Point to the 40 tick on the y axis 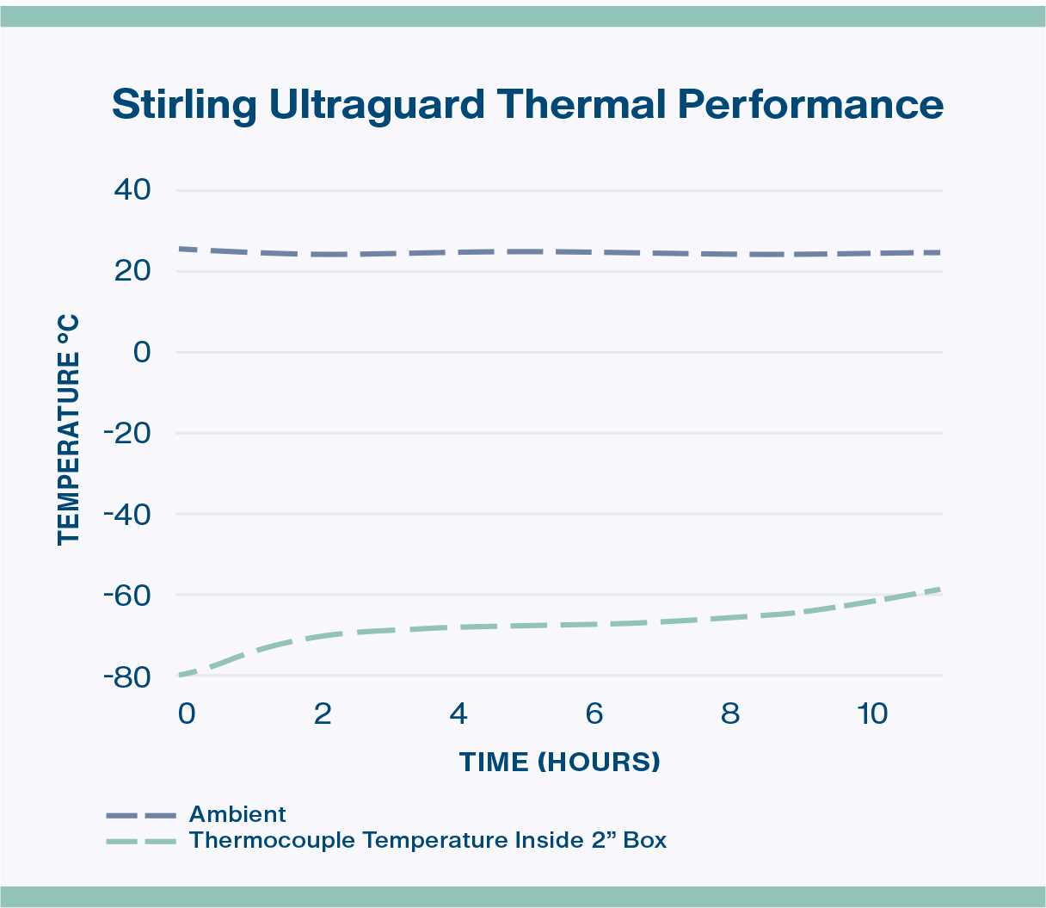point(132,190)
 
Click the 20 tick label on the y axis point(132,271)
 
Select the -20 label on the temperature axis point(126,433)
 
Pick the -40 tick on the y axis point(126,514)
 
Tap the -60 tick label point(126,595)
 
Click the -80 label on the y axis point(126,676)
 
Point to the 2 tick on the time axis point(323,714)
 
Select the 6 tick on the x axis point(594,714)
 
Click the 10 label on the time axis point(872,714)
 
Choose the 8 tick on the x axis point(730,714)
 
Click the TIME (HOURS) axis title point(560,762)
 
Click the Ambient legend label point(237,814)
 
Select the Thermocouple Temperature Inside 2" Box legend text point(428,840)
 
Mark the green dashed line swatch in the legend point(141,841)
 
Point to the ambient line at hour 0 point(181,249)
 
